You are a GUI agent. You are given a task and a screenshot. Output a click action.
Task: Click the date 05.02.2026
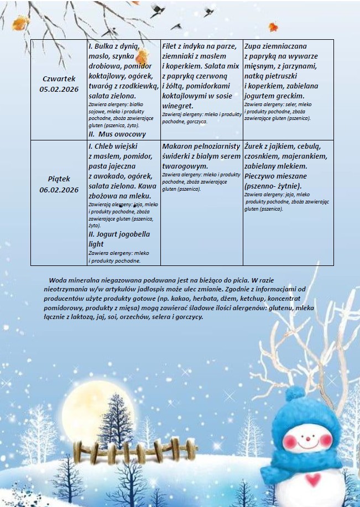click(59, 88)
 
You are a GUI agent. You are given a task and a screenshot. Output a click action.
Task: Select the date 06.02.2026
click(59, 190)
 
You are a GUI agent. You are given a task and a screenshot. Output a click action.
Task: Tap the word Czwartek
click(59, 79)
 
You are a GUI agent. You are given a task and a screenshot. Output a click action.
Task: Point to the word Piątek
click(59, 180)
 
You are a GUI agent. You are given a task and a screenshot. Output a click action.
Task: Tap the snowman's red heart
click(315, 477)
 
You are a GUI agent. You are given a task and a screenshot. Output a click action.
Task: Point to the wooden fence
click(111, 451)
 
